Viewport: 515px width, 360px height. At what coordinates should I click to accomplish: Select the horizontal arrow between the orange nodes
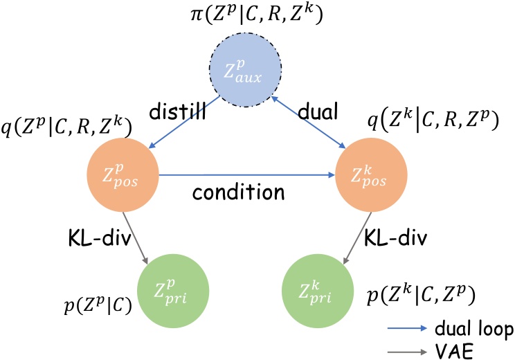247,176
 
